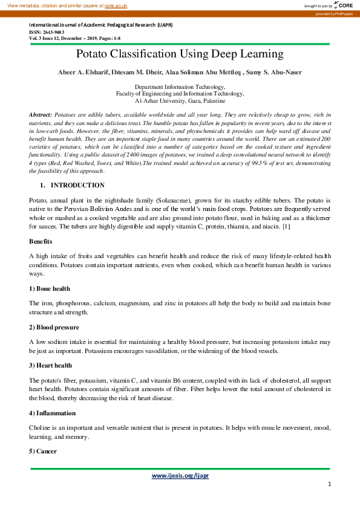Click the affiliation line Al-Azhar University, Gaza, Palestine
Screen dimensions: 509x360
pos(180,101)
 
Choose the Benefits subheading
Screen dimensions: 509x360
pos(40,241)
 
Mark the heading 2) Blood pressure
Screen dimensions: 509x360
pos(54,328)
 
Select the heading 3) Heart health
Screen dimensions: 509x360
pos(50,365)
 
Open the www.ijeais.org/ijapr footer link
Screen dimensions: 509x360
pos(180,476)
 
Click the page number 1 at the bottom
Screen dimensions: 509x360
pos(329,484)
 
